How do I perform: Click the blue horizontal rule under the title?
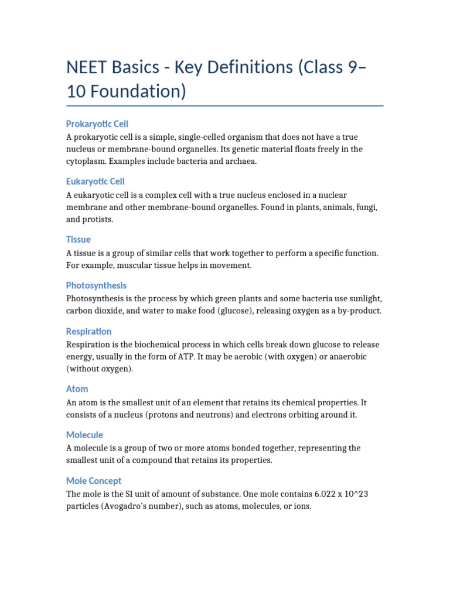point(225,106)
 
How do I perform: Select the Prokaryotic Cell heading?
point(97,124)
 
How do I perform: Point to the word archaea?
point(239,161)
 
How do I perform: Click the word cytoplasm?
point(88,161)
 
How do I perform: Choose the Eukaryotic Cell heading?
point(96,181)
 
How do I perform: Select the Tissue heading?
point(79,239)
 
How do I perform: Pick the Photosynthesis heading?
point(97,285)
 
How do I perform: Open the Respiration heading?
point(89,331)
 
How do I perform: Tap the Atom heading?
point(77,389)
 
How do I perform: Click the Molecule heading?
point(85,435)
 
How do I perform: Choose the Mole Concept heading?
point(94,481)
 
